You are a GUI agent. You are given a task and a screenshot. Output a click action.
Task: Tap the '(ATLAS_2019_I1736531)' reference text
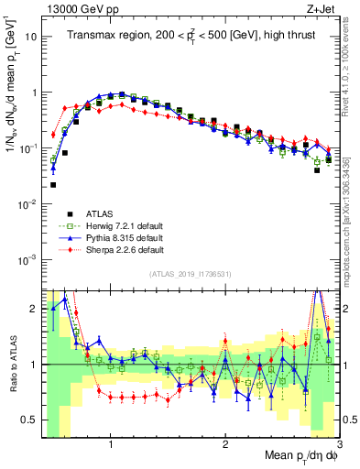[x=190, y=275]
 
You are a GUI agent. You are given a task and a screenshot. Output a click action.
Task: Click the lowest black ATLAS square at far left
[x=53, y=185]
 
